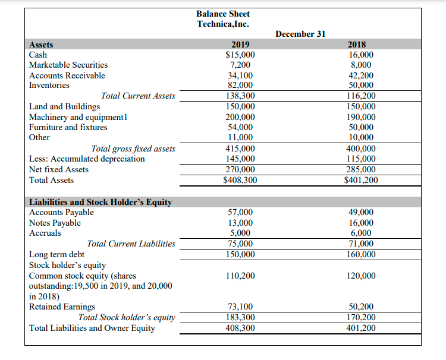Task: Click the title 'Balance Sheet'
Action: tap(223, 14)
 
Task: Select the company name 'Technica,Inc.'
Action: tap(223, 24)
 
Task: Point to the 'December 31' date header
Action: tap(300, 34)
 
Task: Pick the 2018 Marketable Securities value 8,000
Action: tap(360, 65)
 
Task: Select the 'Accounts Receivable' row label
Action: tap(67, 75)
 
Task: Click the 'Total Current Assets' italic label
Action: tap(138, 96)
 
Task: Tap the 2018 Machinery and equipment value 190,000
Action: tap(360, 117)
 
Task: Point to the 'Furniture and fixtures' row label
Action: tap(68, 127)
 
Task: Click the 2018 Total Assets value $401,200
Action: tap(360, 180)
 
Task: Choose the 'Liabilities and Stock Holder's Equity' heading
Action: tap(100, 202)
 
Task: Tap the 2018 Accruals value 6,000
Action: tap(360, 233)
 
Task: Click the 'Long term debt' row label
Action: tap(56, 254)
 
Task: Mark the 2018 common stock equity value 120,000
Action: tap(360, 276)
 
